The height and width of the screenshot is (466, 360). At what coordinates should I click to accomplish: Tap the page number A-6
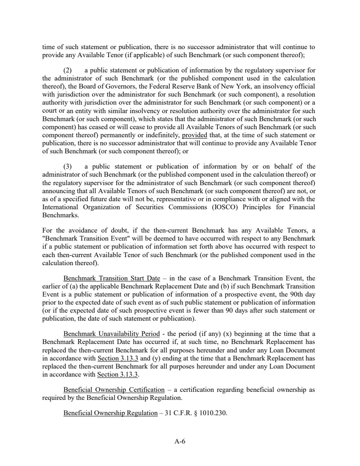pyautogui.click(x=180, y=441)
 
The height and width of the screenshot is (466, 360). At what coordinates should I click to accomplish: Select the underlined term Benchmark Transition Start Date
pyautogui.click(x=112, y=278)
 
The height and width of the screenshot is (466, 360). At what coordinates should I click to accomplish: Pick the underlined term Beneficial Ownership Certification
pyautogui.click(x=114, y=389)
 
